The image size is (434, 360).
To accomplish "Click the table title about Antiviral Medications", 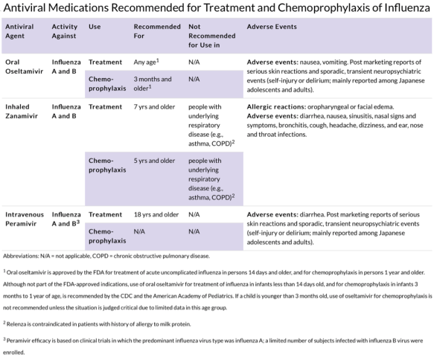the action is click(217, 9).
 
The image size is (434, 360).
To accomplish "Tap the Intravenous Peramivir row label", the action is click(25, 220).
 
